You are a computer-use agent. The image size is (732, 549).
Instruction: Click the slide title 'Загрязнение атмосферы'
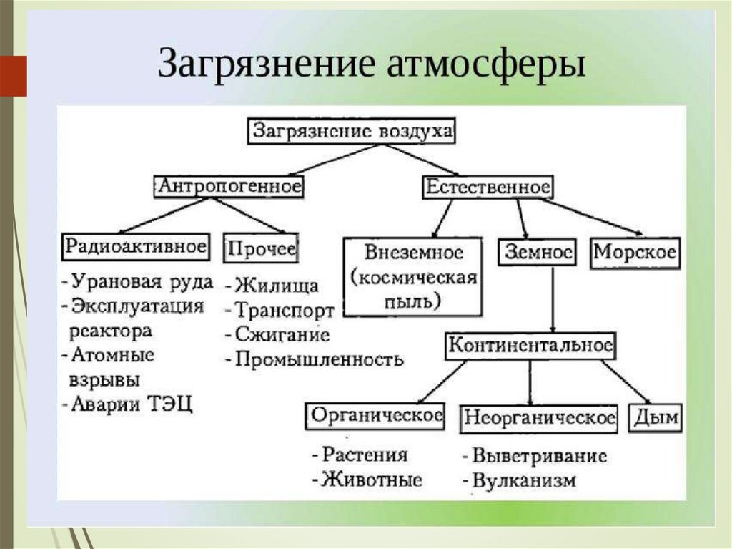[371, 64]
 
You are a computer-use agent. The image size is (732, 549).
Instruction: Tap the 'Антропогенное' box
[229, 186]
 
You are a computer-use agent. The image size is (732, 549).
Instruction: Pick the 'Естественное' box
[488, 188]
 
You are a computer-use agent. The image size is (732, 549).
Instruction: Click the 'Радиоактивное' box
[137, 247]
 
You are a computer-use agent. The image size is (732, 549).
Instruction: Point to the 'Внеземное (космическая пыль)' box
[415, 276]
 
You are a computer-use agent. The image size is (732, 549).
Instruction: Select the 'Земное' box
[539, 253]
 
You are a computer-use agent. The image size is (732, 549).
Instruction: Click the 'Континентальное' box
[530, 346]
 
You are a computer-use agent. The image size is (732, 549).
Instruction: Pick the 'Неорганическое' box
[540, 417]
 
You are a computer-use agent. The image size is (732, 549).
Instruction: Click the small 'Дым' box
[656, 417]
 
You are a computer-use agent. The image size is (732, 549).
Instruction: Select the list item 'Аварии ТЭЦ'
[132, 404]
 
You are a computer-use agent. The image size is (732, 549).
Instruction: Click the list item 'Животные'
[371, 479]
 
